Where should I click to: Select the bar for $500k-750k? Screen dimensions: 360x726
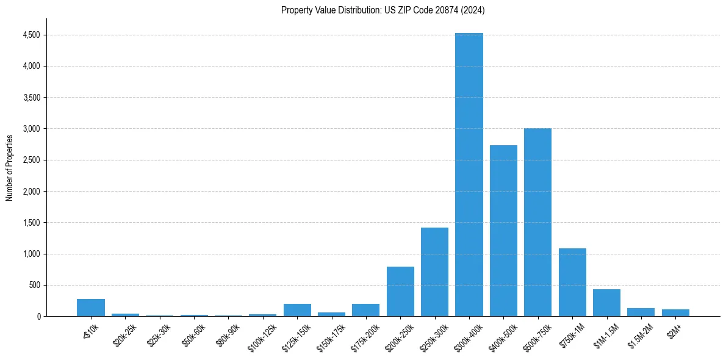pyautogui.click(x=537, y=222)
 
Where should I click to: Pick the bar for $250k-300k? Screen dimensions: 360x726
pyautogui.click(x=434, y=272)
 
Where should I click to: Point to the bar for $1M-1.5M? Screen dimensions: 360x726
pyautogui.click(x=606, y=303)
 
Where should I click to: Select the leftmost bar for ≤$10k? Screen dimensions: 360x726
pyautogui.click(x=91, y=308)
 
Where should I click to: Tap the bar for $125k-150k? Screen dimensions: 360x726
pyautogui.click(x=297, y=310)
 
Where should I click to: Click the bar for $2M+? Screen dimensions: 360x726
pyautogui.click(x=675, y=312)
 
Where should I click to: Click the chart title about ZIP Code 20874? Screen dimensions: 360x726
pyautogui.click(x=383, y=10)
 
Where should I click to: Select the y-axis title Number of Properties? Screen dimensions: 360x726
pyautogui.click(x=10, y=167)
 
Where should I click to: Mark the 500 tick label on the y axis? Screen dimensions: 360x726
pyautogui.click(x=35, y=285)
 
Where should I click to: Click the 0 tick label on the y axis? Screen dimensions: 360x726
pyautogui.click(x=38, y=316)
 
